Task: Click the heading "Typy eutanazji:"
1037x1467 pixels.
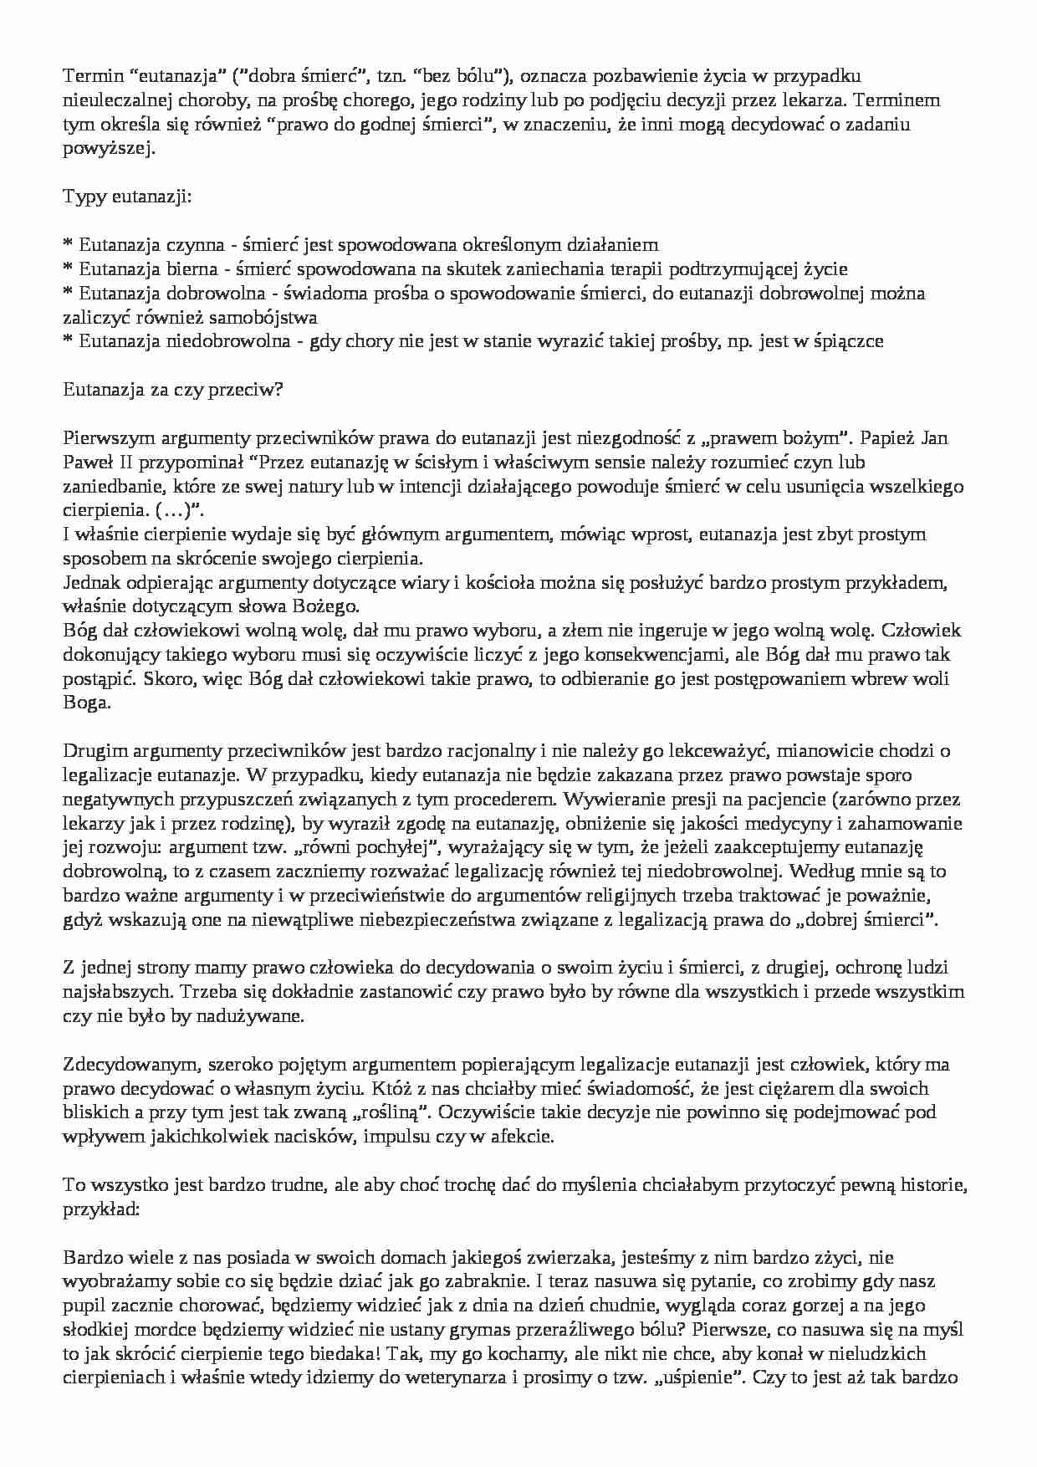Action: tap(127, 197)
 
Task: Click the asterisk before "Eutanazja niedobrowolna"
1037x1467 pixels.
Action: tap(68, 341)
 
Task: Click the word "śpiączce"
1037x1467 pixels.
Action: tap(846, 341)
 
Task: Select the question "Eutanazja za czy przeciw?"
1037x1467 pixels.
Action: tap(173, 390)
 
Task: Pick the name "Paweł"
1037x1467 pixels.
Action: tap(88, 462)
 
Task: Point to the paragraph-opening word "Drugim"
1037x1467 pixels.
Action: tap(92, 751)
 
